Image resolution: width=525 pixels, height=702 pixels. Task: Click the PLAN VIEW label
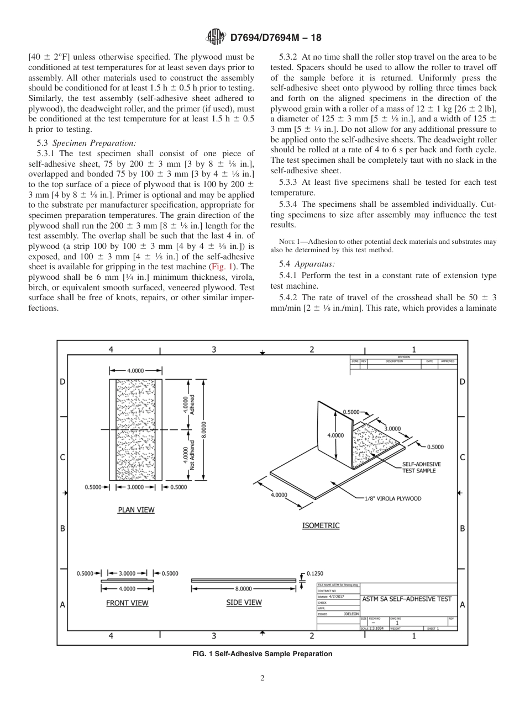pyautogui.click(x=136, y=509)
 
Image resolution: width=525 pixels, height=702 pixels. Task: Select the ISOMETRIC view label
pyautogui.click(x=321, y=525)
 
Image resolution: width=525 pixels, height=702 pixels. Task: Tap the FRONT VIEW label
pyautogui.click(x=127, y=603)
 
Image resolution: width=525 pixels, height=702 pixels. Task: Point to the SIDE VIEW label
pyautogui.click(x=244, y=603)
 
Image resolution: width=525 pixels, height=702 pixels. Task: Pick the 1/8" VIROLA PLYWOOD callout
pyautogui.click(x=392, y=498)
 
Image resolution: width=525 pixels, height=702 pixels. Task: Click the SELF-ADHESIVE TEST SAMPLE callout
pyautogui.click(x=419, y=468)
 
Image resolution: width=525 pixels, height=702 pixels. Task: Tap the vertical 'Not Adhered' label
pyautogui.click(x=192, y=454)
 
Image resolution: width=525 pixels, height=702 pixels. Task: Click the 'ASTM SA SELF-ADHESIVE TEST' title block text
pyautogui.click(x=407, y=599)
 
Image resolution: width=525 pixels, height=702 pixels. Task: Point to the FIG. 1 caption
pyautogui.click(x=262, y=654)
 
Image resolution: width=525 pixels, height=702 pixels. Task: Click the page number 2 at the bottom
pyautogui.click(x=262, y=678)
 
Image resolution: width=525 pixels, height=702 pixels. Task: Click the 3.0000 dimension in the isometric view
pyautogui.click(x=392, y=429)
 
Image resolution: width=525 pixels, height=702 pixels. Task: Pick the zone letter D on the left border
pyautogui.click(x=62, y=381)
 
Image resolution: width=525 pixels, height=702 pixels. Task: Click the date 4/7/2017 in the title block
pyautogui.click(x=336, y=597)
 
